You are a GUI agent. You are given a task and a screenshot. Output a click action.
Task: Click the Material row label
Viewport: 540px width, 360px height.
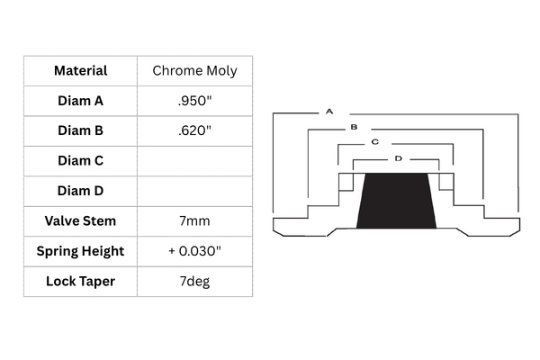pos(81,70)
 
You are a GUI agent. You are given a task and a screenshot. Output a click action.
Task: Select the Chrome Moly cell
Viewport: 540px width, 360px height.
pos(195,71)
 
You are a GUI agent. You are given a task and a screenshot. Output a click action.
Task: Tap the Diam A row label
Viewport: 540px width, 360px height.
pos(81,101)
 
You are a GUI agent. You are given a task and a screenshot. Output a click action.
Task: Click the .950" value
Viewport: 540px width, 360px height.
pos(195,101)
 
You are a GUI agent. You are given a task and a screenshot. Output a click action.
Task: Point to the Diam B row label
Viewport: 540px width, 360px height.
pos(81,130)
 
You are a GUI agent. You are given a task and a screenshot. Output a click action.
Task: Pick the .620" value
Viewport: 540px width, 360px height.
pos(195,130)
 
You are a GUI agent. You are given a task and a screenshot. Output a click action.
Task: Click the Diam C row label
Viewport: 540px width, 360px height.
pos(81,161)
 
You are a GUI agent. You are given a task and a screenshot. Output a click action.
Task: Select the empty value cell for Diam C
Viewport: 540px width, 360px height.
pos(195,161)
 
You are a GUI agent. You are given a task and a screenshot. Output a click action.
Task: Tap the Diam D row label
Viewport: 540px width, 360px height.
pos(81,191)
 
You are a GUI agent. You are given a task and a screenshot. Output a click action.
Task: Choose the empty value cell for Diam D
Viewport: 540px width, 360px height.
pos(195,191)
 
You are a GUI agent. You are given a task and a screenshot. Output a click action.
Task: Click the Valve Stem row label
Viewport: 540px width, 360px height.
pos(81,220)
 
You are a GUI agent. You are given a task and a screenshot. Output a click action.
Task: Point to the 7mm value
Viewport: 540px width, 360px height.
pos(195,221)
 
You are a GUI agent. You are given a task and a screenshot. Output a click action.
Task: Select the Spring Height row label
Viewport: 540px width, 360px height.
pos(81,251)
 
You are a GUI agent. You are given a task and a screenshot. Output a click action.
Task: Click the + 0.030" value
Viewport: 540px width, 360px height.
pos(195,251)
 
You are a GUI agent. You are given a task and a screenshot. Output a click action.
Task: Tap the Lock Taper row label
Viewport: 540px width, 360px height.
pos(81,282)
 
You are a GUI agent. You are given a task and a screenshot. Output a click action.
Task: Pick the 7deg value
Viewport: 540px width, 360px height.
pos(195,282)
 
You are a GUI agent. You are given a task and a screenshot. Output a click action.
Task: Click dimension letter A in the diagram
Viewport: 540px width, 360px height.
pos(329,112)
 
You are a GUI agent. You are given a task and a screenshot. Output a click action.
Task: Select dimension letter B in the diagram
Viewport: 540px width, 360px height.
pos(354,127)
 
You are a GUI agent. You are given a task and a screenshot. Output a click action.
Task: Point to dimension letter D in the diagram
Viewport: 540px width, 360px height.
pos(399,158)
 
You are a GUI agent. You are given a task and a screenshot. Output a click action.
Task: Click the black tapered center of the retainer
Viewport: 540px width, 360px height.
pos(396,201)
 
